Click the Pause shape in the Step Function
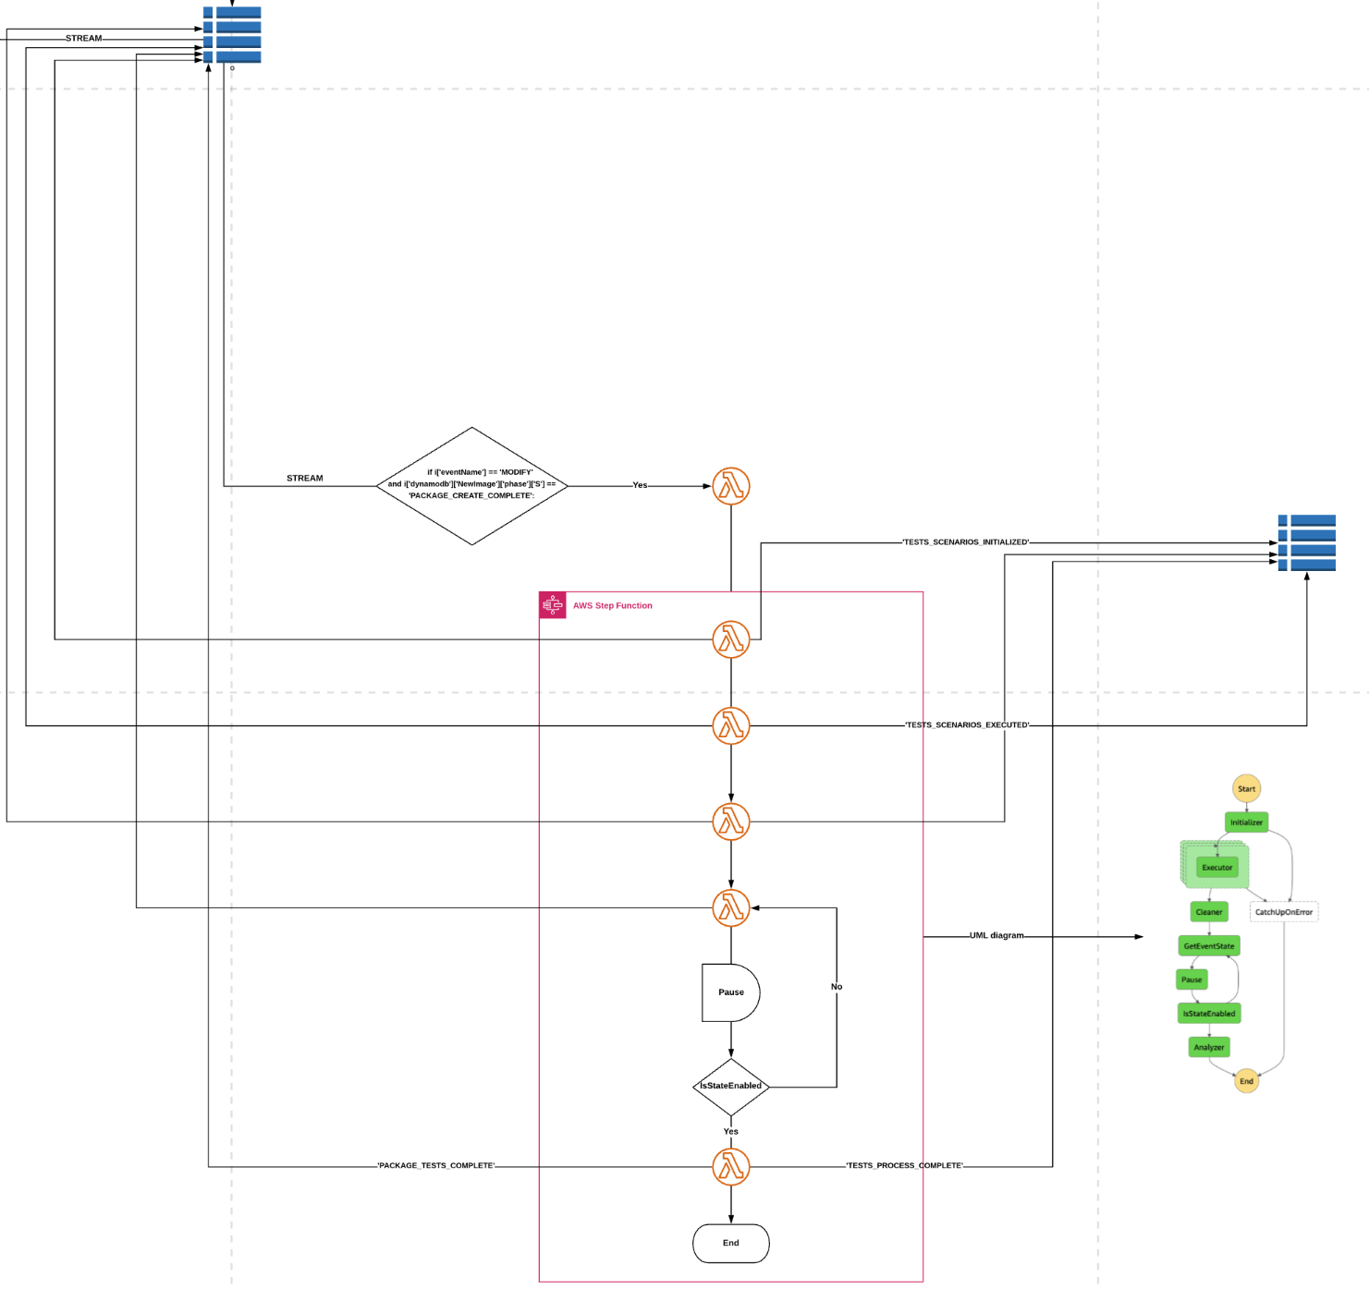point(730,992)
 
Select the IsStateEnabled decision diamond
point(730,1086)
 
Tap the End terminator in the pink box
point(730,1243)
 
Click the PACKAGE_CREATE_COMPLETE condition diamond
point(471,485)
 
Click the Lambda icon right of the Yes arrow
point(730,486)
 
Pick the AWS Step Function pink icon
point(553,605)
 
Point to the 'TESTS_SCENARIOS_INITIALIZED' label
point(965,542)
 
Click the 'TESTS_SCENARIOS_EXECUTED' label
point(967,725)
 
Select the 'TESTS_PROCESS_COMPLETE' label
point(904,1166)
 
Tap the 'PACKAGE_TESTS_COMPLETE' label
point(435,1166)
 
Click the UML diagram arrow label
point(996,936)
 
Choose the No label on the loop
point(837,987)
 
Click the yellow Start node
point(1246,788)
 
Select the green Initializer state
point(1246,822)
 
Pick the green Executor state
point(1216,868)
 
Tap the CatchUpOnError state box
point(1283,912)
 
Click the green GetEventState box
point(1208,946)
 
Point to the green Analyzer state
point(1208,1047)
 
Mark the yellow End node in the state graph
point(1246,1081)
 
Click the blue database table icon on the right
point(1306,542)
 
